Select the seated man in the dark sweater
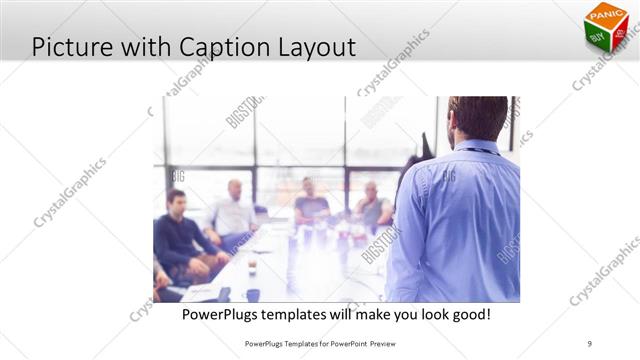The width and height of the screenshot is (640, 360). pyautogui.click(x=178, y=235)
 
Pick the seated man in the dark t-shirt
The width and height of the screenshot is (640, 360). pyautogui.click(x=311, y=204)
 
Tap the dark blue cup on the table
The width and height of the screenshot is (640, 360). pyautogui.click(x=253, y=295)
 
